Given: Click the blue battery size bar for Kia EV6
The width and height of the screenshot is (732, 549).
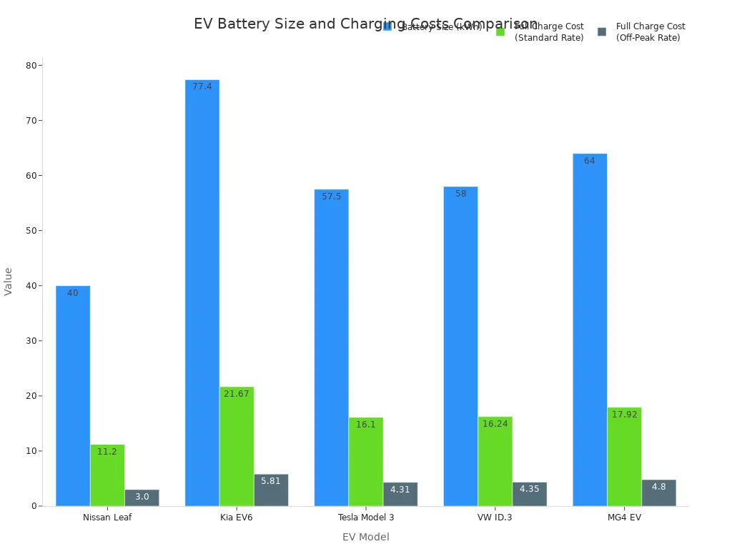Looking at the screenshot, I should (202, 293).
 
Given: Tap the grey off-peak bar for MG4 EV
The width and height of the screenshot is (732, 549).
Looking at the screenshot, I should (658, 493).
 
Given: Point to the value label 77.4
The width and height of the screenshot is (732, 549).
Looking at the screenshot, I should (202, 86).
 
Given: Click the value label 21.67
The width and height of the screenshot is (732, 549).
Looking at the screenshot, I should (237, 394).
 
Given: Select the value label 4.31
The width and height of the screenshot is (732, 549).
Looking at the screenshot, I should (400, 490).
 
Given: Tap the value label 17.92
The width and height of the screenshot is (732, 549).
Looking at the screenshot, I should (624, 415).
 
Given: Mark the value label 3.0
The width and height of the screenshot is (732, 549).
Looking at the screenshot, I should (142, 497).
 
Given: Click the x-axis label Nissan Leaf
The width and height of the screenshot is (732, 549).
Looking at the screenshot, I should (107, 518).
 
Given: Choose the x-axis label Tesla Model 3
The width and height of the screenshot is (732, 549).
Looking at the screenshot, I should (366, 518).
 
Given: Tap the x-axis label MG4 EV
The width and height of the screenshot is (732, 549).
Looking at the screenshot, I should (624, 518).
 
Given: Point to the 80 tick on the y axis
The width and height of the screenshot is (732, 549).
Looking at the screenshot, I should (31, 66).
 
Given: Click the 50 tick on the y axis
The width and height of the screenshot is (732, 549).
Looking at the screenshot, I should (31, 231).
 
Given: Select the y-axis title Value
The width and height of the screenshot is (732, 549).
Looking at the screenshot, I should (9, 281).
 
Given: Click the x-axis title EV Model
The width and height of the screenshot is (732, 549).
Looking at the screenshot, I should (366, 537).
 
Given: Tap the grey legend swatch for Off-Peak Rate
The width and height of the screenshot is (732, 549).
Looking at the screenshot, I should (602, 31).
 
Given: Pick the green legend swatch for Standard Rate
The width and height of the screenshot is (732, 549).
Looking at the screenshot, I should (500, 31).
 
